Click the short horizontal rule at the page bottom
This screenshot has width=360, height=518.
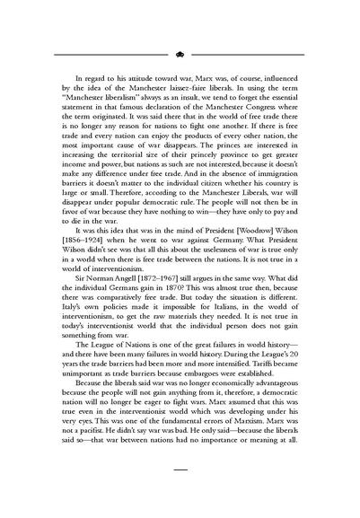click(x=180, y=494)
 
